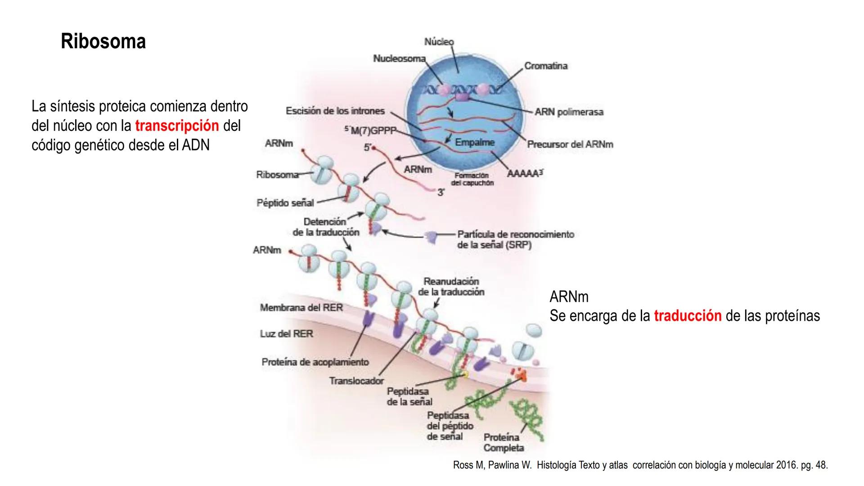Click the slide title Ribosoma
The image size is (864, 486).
pyautogui.click(x=103, y=41)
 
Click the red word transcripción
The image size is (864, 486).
pyautogui.click(x=177, y=126)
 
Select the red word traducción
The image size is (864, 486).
pyautogui.click(x=688, y=316)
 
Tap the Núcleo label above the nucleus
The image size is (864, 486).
pyautogui.click(x=439, y=42)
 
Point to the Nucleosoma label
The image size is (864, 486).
pyautogui.click(x=399, y=58)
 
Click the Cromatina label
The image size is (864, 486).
pyautogui.click(x=546, y=66)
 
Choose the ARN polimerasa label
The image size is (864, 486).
pyautogui.click(x=569, y=112)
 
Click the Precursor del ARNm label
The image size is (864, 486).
pyautogui.click(x=570, y=144)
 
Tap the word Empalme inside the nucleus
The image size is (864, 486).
pyautogui.click(x=474, y=142)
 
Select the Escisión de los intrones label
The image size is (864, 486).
pyautogui.click(x=335, y=111)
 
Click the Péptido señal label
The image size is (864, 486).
pyautogui.click(x=285, y=202)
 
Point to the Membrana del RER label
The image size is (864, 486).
pyautogui.click(x=301, y=307)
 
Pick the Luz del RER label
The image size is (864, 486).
pyautogui.click(x=286, y=333)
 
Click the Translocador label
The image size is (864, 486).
pyautogui.click(x=356, y=381)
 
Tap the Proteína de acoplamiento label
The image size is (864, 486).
pyautogui.click(x=315, y=362)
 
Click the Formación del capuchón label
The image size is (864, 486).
pyautogui.click(x=472, y=179)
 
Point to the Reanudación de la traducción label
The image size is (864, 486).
pyautogui.click(x=451, y=287)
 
